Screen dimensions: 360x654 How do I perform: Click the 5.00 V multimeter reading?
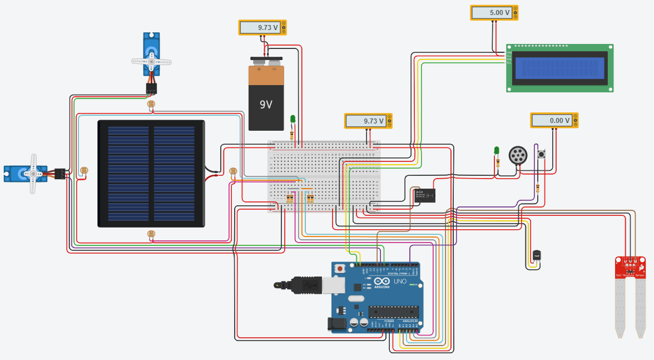click(491, 13)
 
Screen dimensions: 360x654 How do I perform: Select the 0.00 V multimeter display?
click(551, 120)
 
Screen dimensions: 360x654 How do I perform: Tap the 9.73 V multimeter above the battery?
click(260, 27)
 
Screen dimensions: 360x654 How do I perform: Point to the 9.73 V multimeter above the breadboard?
click(365, 121)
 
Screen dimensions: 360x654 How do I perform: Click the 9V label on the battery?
click(266, 105)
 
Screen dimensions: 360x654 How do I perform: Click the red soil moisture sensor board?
click(630, 267)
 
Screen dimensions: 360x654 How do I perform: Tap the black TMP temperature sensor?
click(536, 255)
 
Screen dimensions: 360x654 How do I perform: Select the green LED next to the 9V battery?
click(293, 119)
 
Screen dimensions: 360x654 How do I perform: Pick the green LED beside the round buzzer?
click(497, 150)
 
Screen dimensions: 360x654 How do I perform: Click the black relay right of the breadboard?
click(424, 196)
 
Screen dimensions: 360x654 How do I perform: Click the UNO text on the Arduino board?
click(400, 282)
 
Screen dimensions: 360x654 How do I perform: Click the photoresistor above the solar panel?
click(151, 103)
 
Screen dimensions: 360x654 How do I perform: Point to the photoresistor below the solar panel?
click(151, 234)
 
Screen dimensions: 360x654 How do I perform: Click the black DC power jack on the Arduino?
click(338, 323)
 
